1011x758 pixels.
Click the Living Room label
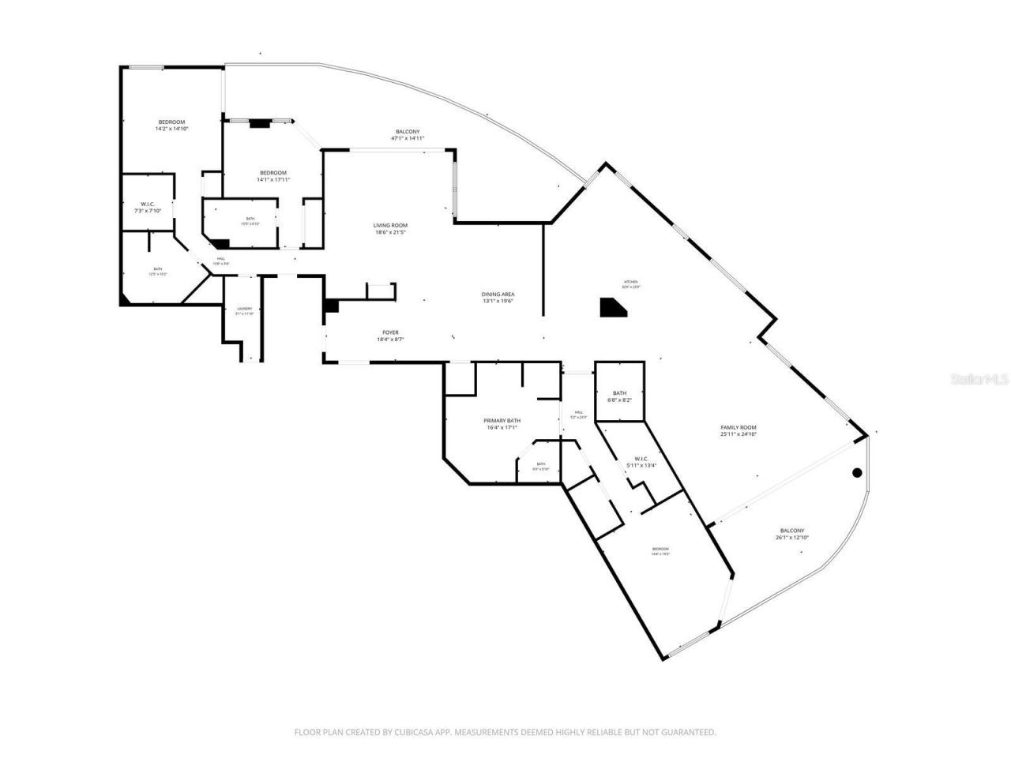click(x=390, y=229)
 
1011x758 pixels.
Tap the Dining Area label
click(x=498, y=298)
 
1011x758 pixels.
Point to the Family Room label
click(x=738, y=430)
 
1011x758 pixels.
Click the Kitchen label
click(x=631, y=284)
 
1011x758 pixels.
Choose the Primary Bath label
click(x=502, y=424)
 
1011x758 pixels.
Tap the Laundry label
click(x=244, y=311)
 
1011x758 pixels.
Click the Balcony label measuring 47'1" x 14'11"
click(x=408, y=134)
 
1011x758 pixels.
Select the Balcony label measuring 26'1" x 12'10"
click(x=791, y=534)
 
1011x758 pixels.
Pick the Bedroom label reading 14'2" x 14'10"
click(x=171, y=125)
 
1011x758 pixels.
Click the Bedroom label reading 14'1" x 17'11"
click(x=273, y=176)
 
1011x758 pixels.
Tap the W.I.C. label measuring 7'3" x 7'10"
click(x=146, y=207)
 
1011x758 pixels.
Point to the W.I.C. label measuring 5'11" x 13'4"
click(x=641, y=462)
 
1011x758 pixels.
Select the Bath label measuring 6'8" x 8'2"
click(x=619, y=396)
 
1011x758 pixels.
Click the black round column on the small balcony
click(x=857, y=473)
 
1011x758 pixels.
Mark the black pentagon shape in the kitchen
click(x=612, y=308)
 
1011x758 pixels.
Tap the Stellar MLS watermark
click(x=979, y=380)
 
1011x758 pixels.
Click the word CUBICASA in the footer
click(x=414, y=733)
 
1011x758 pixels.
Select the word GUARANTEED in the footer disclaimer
click(x=688, y=733)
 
